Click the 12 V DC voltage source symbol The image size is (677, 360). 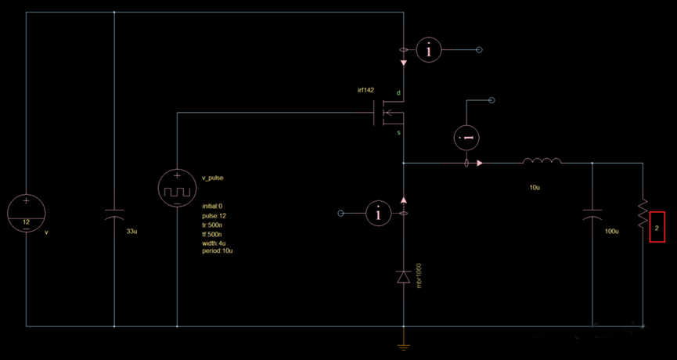click(x=27, y=211)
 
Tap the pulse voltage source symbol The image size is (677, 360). click(x=177, y=189)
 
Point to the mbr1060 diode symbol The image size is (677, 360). click(x=403, y=276)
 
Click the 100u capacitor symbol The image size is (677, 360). click(x=592, y=217)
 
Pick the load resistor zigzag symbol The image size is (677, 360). click(x=643, y=211)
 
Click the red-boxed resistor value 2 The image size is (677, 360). click(x=657, y=228)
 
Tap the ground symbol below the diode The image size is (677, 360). click(x=403, y=346)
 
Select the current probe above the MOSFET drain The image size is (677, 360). click(x=428, y=50)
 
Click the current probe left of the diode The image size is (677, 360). click(x=379, y=213)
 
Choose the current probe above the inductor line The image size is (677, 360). click(x=467, y=138)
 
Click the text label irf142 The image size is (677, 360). click(x=366, y=90)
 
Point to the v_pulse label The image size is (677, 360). click(x=212, y=178)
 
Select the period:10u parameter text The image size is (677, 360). click(x=218, y=250)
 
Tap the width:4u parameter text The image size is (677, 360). click(x=214, y=243)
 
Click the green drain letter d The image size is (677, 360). click(x=398, y=94)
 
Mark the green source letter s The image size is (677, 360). click(x=398, y=133)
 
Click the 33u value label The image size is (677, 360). click(x=131, y=232)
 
